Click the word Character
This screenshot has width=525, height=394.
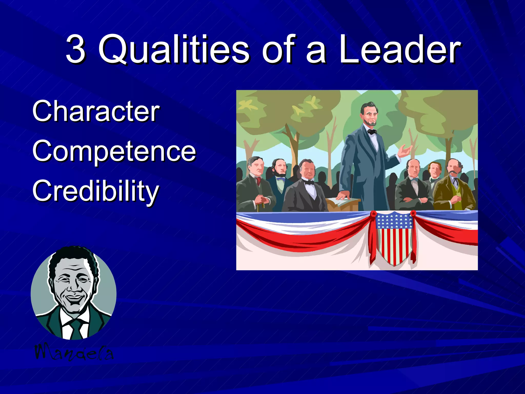coord(96,111)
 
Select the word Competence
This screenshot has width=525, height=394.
coord(114,151)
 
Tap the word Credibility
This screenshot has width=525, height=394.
coord(95,191)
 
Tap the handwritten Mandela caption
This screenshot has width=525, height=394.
coord(74,353)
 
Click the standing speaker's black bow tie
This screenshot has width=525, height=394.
coord(372,132)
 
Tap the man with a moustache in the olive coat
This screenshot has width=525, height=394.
coord(454,187)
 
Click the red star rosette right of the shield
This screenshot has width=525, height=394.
coord(413,213)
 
